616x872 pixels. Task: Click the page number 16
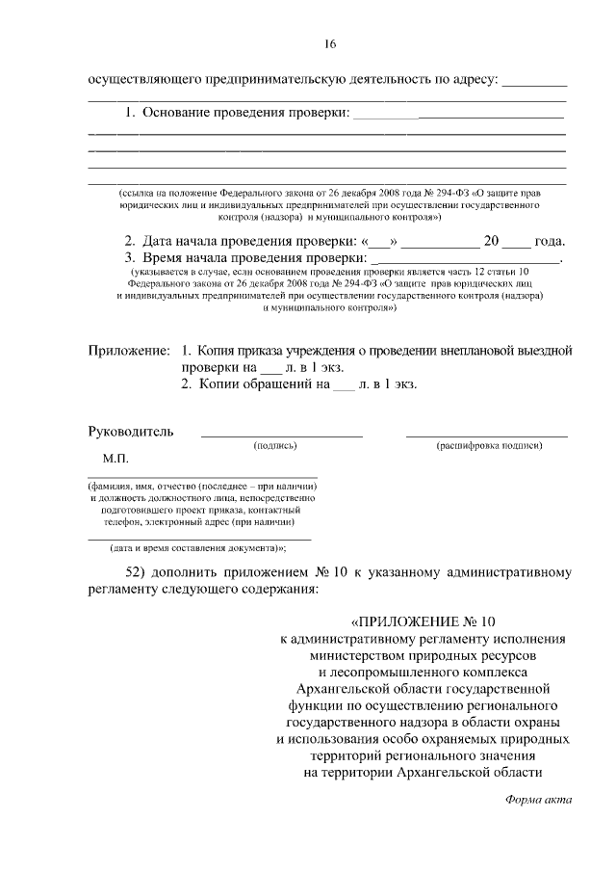[330, 44]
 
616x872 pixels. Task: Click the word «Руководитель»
[131, 431]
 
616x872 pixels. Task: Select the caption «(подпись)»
[275, 446]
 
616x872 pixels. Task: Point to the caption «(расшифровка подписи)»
[489, 446]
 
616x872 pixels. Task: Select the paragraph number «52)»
[140, 571]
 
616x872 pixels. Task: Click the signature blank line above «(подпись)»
[282, 437]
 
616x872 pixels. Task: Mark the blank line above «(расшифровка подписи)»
[487, 437]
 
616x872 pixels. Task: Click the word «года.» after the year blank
[551, 241]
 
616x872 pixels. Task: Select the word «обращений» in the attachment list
[276, 384]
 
